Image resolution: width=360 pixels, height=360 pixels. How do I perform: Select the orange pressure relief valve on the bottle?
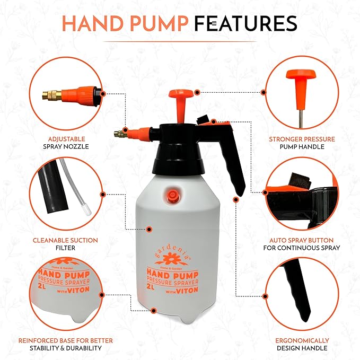pyautogui.click(x=171, y=195)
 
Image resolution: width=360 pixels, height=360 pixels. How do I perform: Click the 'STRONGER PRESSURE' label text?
pyautogui.click(x=302, y=139)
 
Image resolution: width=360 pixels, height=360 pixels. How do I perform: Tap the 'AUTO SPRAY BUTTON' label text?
pyautogui.click(x=302, y=240)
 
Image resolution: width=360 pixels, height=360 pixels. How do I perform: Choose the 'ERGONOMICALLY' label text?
pyautogui.click(x=302, y=340)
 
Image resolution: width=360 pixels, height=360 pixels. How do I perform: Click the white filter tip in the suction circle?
pyautogui.click(x=87, y=210)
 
